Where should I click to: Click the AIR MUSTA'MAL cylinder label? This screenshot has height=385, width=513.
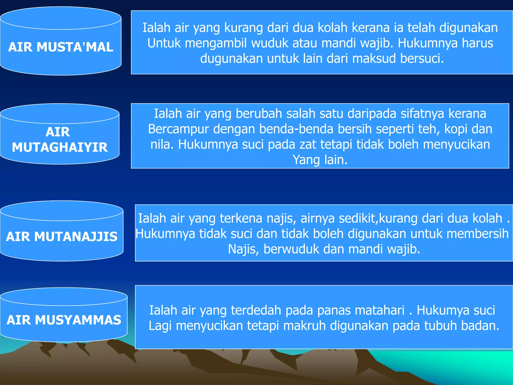(61, 47)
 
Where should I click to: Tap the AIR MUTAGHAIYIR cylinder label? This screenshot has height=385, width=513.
(60, 140)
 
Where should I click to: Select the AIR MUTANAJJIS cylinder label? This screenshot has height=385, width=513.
(62, 237)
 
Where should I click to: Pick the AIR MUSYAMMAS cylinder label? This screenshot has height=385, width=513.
(64, 320)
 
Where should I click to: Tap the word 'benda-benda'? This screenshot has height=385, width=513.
(296, 129)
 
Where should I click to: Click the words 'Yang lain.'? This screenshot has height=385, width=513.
(320, 160)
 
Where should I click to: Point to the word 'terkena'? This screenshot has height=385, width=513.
(241, 218)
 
